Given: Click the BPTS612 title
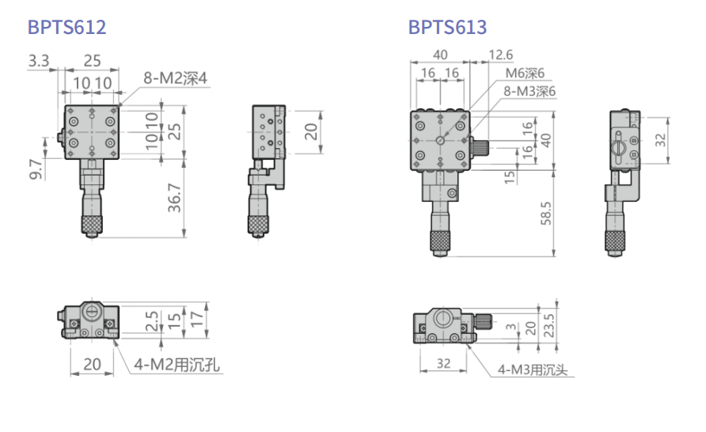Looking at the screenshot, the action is tap(66, 27).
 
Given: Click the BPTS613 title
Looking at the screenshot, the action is tap(447, 27).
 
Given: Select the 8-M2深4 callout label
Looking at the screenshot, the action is tap(175, 78).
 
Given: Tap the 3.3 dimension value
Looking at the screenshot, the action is tap(39, 61).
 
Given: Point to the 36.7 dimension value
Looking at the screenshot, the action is tap(174, 198).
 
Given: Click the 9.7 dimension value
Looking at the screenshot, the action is tap(36, 169).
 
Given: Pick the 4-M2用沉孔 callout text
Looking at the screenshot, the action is tap(177, 364).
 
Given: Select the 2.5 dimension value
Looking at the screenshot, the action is tap(152, 321).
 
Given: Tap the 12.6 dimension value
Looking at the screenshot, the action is tap(501, 55).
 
